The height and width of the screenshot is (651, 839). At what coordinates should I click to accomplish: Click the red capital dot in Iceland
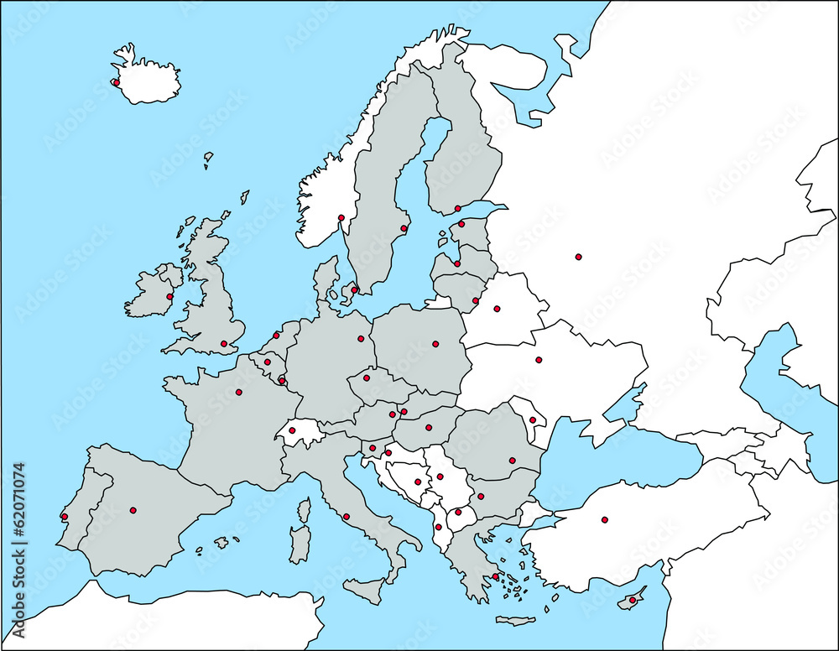pyautogui.click(x=116, y=82)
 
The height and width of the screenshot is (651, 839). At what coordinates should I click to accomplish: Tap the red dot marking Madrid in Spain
pyautogui.click(x=133, y=510)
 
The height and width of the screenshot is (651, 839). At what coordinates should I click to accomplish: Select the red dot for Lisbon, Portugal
pyautogui.click(x=65, y=517)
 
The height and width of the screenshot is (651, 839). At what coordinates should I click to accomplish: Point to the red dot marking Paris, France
pyautogui.click(x=238, y=392)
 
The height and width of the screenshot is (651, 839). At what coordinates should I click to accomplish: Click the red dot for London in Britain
pyautogui.click(x=223, y=343)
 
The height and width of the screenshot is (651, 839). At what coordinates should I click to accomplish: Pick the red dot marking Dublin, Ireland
pyautogui.click(x=169, y=296)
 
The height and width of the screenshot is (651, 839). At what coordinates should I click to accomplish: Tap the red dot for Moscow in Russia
pyautogui.click(x=578, y=257)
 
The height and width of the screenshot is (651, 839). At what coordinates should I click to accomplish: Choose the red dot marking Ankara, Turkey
pyautogui.click(x=604, y=520)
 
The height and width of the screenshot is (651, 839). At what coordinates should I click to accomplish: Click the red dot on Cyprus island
pyautogui.click(x=632, y=600)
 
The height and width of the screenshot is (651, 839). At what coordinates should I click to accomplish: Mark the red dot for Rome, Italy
pyautogui.click(x=347, y=517)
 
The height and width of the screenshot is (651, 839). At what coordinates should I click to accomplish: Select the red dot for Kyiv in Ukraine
pyautogui.click(x=539, y=360)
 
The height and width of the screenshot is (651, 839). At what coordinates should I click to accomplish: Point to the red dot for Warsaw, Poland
pyautogui.click(x=435, y=343)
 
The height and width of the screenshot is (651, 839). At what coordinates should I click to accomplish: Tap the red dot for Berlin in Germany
pyautogui.click(x=361, y=339)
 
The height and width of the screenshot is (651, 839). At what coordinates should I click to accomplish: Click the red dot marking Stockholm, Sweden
pyautogui.click(x=404, y=228)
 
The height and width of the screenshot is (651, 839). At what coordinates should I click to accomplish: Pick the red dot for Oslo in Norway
pyautogui.click(x=341, y=218)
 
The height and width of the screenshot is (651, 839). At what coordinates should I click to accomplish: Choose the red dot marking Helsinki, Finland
pyautogui.click(x=457, y=209)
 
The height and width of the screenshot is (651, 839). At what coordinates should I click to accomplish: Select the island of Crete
pyautogui.click(x=515, y=621)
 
